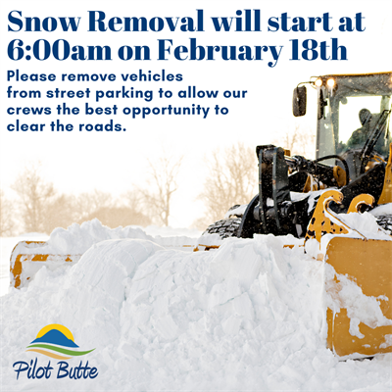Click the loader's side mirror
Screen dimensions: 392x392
(x=300, y=100)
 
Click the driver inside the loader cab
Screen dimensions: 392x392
(x=364, y=127)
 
